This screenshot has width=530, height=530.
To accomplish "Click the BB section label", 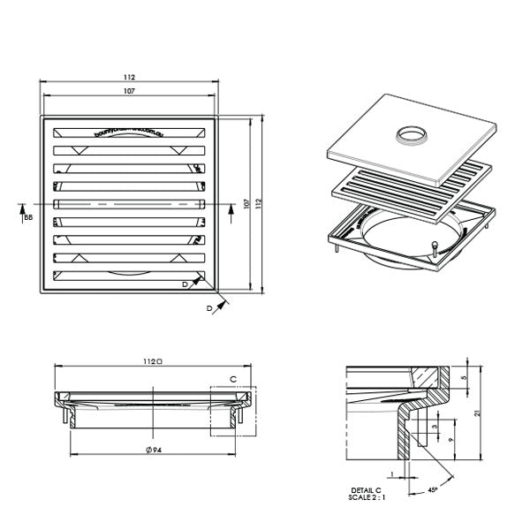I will (x=28, y=216).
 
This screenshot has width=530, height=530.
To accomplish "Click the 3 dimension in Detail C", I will (x=435, y=427).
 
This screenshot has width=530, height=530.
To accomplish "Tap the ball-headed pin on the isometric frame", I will (x=434, y=244).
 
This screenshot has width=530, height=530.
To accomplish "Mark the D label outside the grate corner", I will (x=209, y=307).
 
